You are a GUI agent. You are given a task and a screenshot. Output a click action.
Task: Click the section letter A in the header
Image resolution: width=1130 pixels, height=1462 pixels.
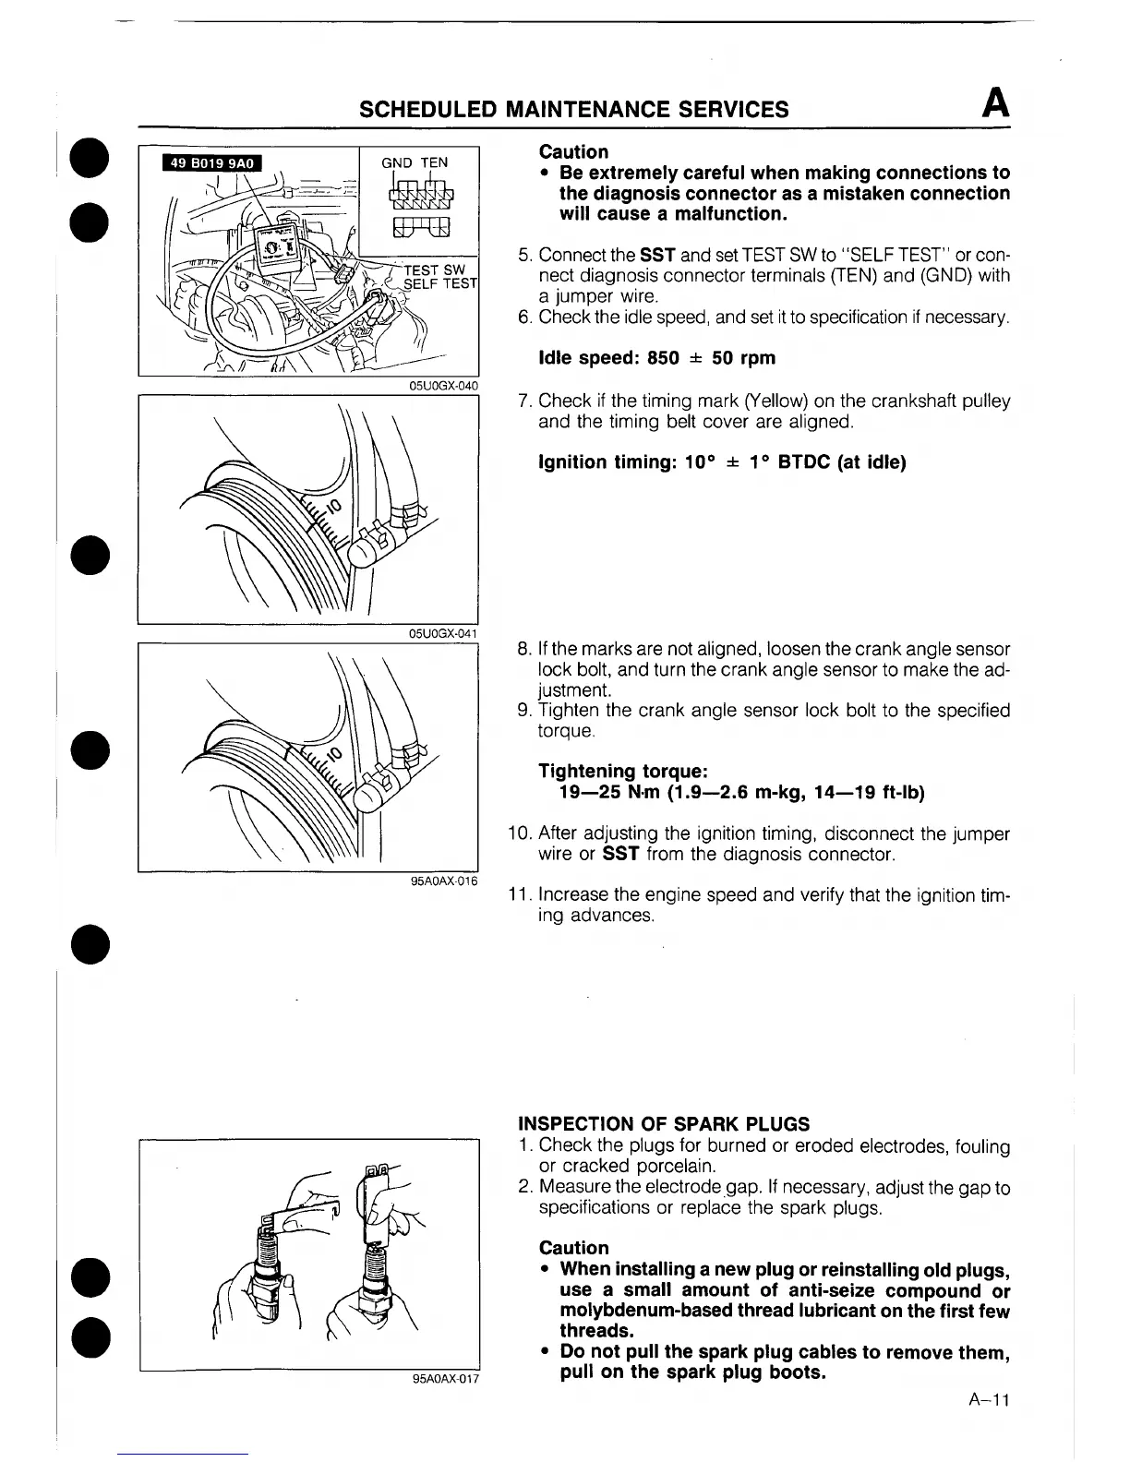(995, 103)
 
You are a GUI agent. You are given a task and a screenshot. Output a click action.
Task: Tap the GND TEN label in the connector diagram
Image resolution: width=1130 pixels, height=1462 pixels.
(415, 162)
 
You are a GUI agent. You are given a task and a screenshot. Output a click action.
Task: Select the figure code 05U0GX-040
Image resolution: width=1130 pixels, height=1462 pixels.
(443, 386)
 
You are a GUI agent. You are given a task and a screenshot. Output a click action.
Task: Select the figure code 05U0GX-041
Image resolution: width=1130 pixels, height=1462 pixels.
(443, 633)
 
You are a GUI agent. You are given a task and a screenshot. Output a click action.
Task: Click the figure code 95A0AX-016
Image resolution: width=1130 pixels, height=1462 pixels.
(444, 881)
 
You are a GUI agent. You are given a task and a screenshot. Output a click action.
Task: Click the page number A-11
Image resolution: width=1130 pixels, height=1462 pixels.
(990, 1400)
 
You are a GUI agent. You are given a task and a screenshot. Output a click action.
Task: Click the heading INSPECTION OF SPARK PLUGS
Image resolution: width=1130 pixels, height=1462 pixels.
(664, 1124)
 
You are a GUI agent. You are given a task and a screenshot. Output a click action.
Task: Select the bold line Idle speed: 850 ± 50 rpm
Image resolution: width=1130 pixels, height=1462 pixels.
(656, 358)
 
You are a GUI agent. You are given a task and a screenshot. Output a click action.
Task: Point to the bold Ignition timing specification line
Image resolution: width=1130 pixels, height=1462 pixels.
(722, 462)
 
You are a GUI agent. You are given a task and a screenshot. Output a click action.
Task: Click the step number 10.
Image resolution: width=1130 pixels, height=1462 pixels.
(518, 834)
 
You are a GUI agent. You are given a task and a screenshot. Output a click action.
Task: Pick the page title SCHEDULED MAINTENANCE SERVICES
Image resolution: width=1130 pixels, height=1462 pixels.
(573, 110)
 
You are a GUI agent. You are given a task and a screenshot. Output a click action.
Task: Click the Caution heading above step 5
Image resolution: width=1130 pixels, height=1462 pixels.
(573, 151)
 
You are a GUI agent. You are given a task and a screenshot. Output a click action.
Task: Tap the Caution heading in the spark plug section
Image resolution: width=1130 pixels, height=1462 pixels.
(573, 1248)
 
